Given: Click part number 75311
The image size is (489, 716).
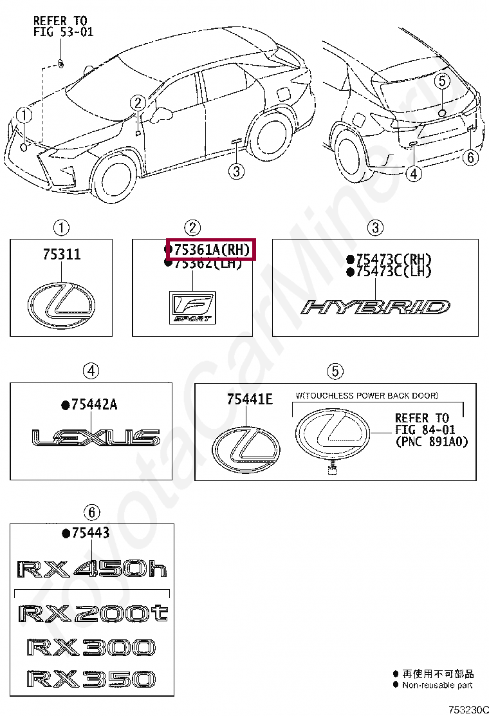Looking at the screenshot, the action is pyautogui.click(x=62, y=254).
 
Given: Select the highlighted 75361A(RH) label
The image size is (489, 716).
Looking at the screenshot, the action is pyautogui.click(x=211, y=249).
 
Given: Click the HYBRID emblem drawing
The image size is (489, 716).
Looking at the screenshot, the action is pyautogui.click(x=376, y=306).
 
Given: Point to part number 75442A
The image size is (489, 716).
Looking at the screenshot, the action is pyautogui.click(x=94, y=404).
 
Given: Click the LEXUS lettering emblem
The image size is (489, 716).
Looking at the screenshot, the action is pyautogui.click(x=96, y=438).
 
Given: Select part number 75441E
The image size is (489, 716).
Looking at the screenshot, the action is pyautogui.click(x=250, y=399).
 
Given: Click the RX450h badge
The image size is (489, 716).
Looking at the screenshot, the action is pyautogui.click(x=91, y=569).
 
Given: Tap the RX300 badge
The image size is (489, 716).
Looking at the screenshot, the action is pyautogui.click(x=91, y=646).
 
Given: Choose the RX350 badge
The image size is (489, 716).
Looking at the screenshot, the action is pyautogui.click(x=91, y=678).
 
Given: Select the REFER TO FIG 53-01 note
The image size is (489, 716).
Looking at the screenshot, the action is pyautogui.click(x=63, y=26).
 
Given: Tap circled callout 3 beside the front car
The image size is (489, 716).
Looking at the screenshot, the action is pyautogui.click(x=236, y=171).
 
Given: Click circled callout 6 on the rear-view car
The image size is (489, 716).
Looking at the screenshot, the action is pyautogui.click(x=470, y=157).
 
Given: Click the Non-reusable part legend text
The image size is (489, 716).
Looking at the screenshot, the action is pyautogui.click(x=438, y=685).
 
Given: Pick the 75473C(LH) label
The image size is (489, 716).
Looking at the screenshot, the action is pyautogui.click(x=393, y=272).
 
